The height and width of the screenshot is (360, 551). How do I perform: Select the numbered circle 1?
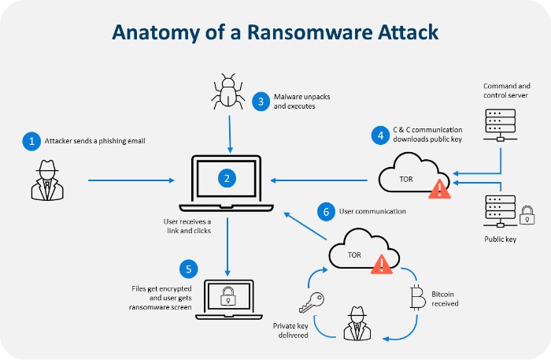click(31, 142)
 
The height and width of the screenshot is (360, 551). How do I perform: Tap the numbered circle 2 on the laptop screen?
click(227, 179)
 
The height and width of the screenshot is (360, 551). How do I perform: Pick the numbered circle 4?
click(380, 135)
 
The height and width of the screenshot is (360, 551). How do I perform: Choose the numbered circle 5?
click(188, 269)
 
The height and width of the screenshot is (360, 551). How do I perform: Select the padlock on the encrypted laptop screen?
click(227, 296)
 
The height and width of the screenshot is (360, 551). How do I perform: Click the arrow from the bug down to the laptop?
click(227, 131)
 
